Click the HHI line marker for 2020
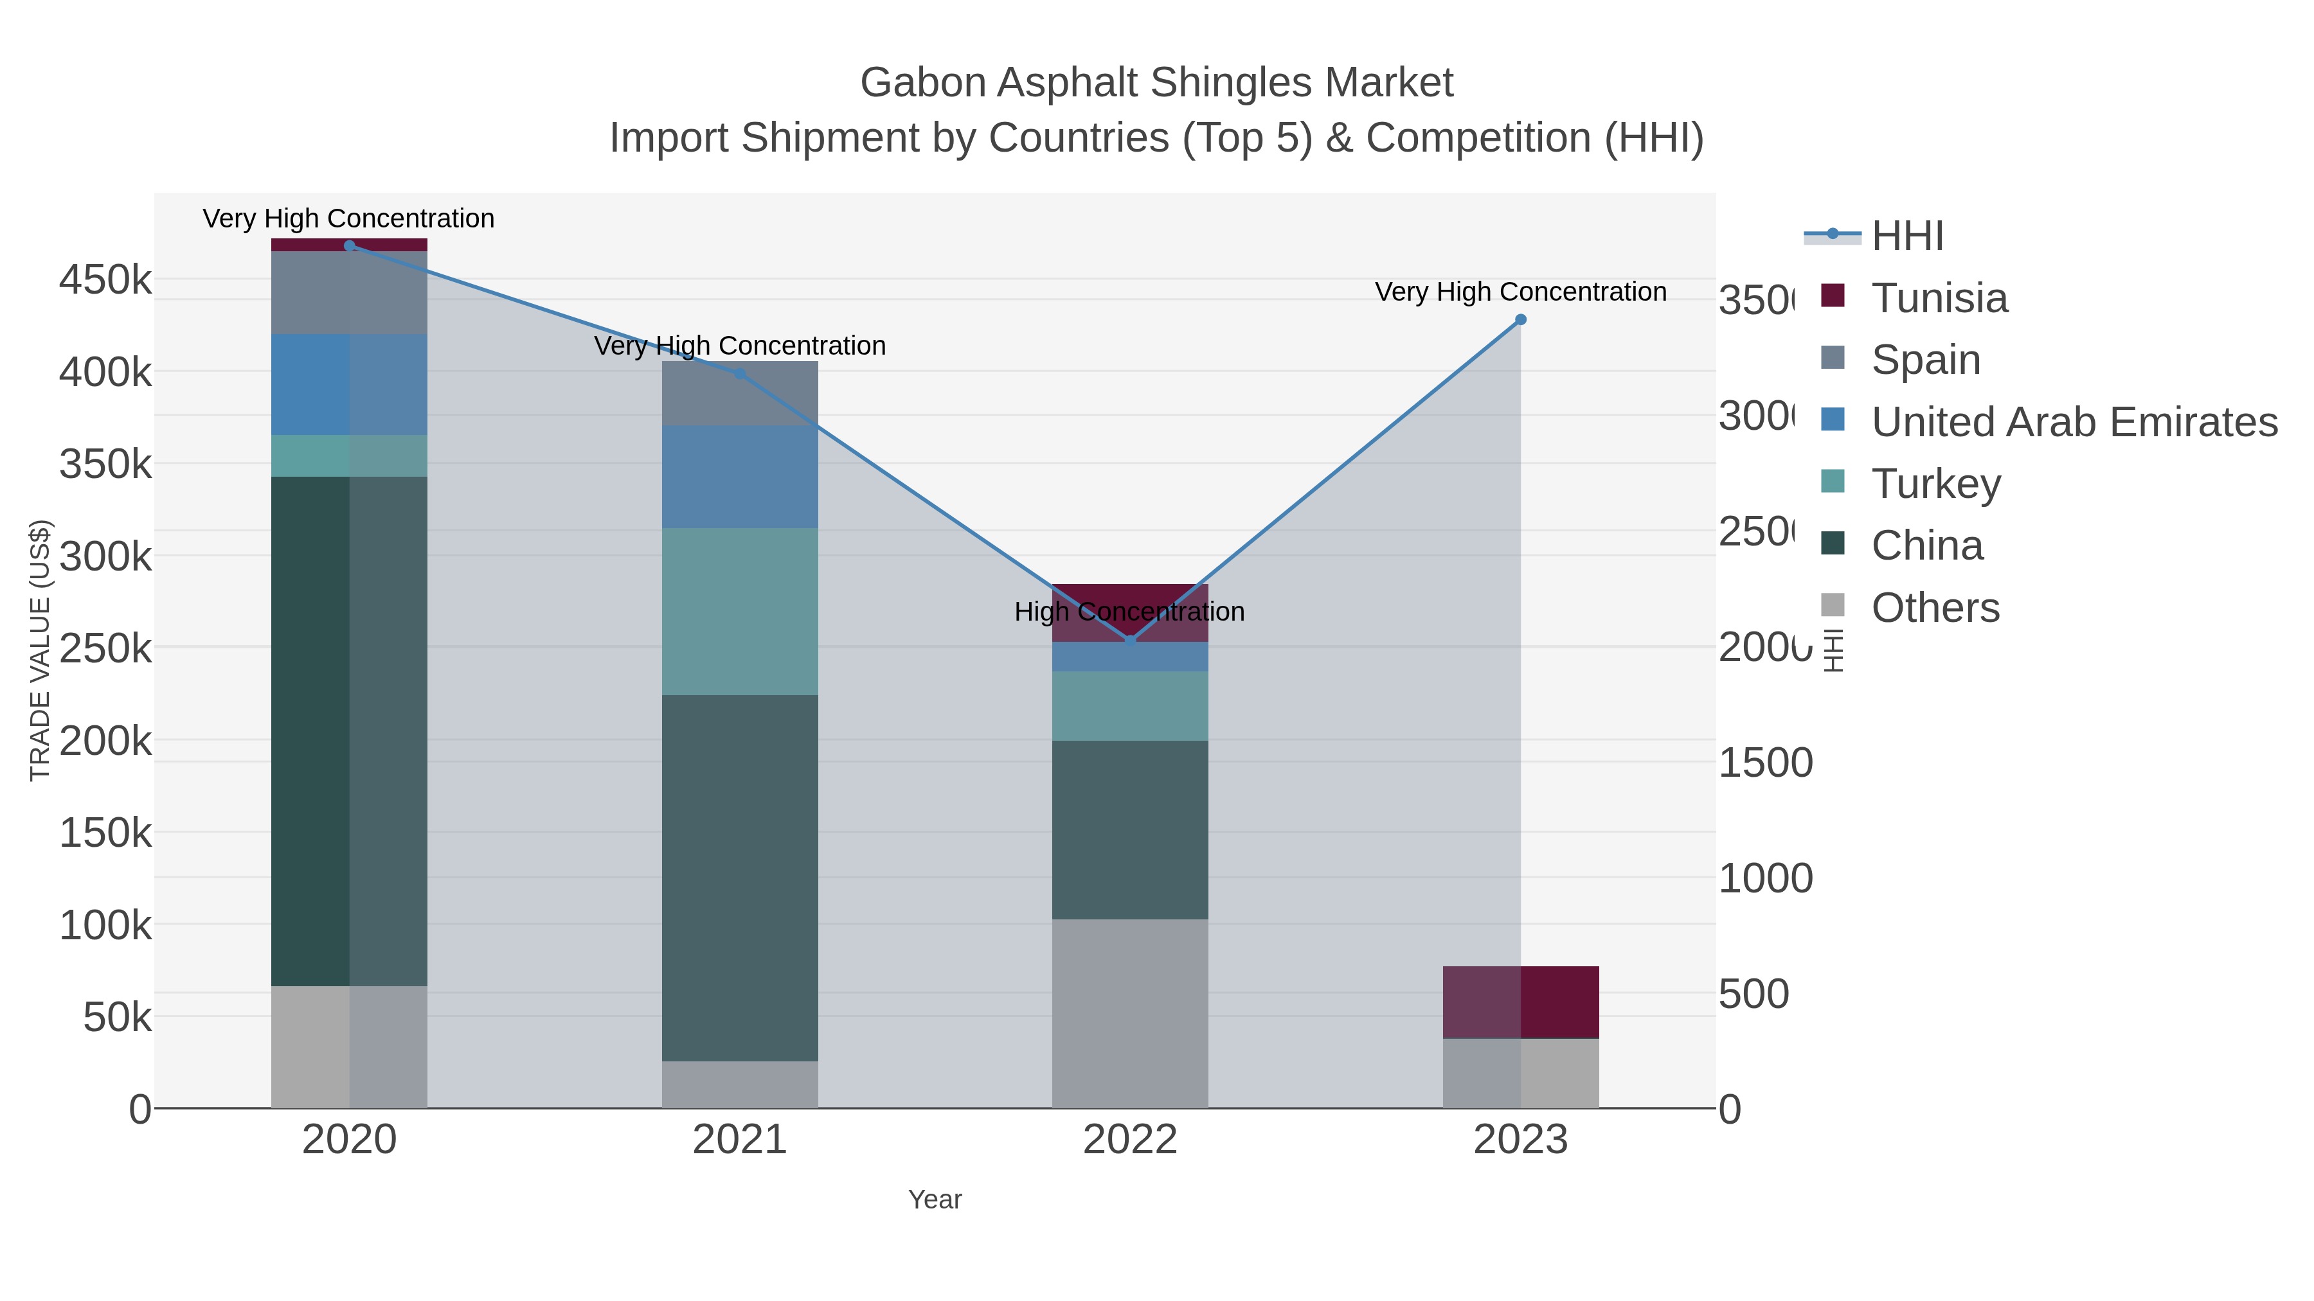click(350, 246)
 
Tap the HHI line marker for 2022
click(1130, 640)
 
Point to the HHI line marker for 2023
click(1521, 320)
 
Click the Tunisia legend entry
click(1939, 298)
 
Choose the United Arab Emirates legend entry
click(2073, 422)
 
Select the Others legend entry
click(1935, 608)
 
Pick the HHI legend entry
click(1907, 236)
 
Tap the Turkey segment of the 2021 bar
click(740, 612)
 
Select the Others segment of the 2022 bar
click(1130, 1013)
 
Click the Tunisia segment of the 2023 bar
click(1521, 1002)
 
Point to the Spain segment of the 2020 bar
click(350, 293)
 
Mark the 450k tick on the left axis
click(105, 280)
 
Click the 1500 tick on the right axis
click(1765, 763)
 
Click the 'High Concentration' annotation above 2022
click(1129, 612)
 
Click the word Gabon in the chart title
click(922, 83)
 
